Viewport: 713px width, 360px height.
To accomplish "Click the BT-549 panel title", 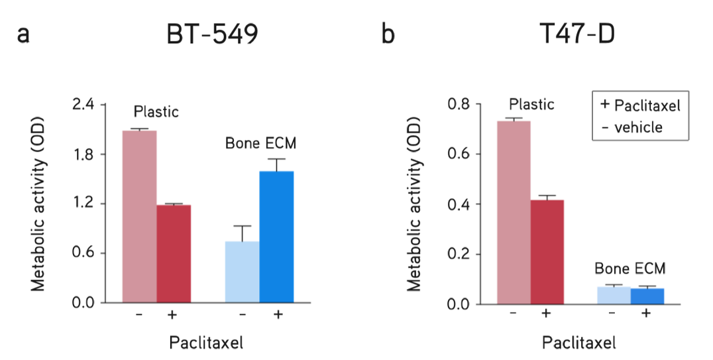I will (x=211, y=35).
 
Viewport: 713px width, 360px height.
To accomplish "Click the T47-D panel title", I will (x=576, y=35).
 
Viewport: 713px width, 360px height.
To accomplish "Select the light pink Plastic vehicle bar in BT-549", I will (x=139, y=216).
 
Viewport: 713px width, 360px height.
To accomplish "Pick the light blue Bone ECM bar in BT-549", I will (x=242, y=272).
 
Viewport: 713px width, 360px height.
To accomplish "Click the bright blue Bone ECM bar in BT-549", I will (x=276, y=237).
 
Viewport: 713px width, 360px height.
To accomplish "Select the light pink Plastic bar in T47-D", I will (x=514, y=212).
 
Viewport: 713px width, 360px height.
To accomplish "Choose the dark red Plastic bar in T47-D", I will (x=547, y=252).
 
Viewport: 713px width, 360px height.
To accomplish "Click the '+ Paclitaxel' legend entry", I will (x=640, y=105).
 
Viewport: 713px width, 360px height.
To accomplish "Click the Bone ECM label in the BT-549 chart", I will (x=260, y=143).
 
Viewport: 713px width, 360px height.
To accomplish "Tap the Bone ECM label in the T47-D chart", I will (x=630, y=269).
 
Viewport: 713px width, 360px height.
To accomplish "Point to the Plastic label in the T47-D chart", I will (x=531, y=104).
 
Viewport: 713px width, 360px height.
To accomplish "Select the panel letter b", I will (x=388, y=35).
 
